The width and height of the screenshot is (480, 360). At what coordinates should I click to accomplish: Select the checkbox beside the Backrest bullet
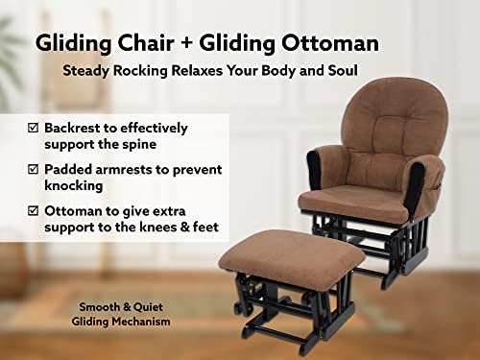[x=34, y=128]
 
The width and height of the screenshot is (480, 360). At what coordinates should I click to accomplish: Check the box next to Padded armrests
[x=34, y=169]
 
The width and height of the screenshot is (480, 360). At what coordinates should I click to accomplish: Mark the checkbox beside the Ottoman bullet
[x=34, y=210]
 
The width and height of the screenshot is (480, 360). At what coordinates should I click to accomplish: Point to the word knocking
[x=75, y=185]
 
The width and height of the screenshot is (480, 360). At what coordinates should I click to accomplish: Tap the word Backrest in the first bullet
[x=76, y=128]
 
